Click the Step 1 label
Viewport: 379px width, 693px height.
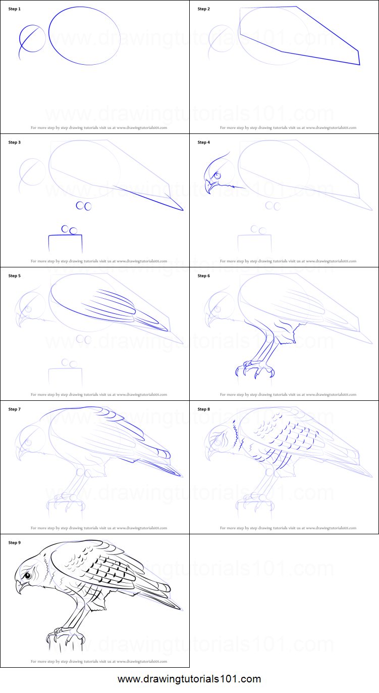pyautogui.click(x=15, y=9)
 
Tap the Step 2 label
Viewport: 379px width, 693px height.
pyautogui.click(x=203, y=9)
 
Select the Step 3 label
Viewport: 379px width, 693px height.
pyautogui.click(x=15, y=143)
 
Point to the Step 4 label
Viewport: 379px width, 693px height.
pyautogui.click(x=203, y=143)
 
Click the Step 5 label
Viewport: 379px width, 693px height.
pyautogui.click(x=15, y=276)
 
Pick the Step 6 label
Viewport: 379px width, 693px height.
pyautogui.click(x=203, y=276)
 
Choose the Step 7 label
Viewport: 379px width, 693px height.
pyautogui.click(x=15, y=409)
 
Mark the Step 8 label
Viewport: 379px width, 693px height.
pyautogui.click(x=203, y=409)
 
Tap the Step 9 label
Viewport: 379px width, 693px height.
pyautogui.click(x=15, y=543)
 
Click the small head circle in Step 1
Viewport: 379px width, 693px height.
pyautogui.click(x=32, y=38)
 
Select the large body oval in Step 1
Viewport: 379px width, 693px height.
pyautogui.click(x=85, y=36)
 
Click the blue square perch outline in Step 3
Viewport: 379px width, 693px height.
pyautogui.click(x=66, y=243)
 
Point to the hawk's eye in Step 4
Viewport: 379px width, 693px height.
pyautogui.click(x=218, y=175)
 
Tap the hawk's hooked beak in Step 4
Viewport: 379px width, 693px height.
pyautogui.click(x=208, y=188)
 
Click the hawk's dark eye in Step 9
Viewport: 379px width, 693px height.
pyautogui.click(x=28, y=575)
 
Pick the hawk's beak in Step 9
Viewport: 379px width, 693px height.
pyautogui.click(x=19, y=587)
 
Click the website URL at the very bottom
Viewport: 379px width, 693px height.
pyautogui.click(x=189, y=679)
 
